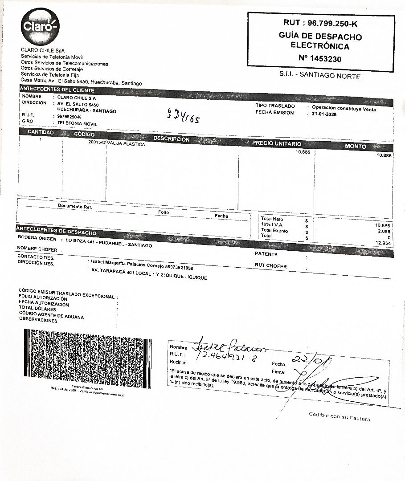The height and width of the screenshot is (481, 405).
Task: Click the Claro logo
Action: pos(40,27)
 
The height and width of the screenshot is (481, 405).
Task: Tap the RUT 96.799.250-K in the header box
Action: pos(320,23)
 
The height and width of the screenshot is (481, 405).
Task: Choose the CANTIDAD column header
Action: pos(41,133)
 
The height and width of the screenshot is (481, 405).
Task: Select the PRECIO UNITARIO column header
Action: pos(277,143)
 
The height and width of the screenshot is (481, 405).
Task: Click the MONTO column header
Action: pos(355,146)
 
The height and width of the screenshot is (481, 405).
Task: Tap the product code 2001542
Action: pos(97,143)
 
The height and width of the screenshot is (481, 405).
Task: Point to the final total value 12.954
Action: pos(383,243)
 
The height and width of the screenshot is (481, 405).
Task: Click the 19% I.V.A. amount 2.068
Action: pos(384,232)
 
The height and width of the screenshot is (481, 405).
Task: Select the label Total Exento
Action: pos(274,231)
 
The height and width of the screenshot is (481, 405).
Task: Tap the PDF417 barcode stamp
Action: pos(88,358)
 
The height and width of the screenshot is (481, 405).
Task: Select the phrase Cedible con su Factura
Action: pos(339,417)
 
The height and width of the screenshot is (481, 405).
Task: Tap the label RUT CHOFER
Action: pos(270,266)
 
